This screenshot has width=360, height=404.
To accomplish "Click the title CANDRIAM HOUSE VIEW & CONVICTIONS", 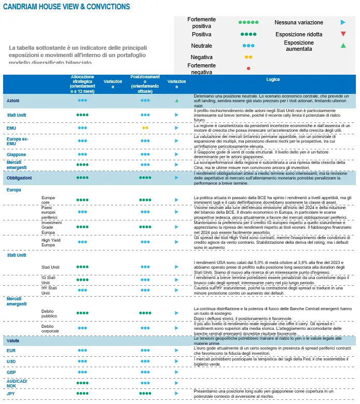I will pos(66,7).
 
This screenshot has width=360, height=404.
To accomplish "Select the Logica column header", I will pos(273,80).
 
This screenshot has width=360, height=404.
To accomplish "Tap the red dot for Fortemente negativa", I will pos(249,68).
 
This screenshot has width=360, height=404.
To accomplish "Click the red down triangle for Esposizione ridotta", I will pos(343,34).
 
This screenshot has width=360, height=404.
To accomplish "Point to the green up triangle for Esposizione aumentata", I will pos(343,46).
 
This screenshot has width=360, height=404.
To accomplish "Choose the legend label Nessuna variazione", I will pos(298,23).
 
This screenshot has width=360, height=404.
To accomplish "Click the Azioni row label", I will pos(13,100).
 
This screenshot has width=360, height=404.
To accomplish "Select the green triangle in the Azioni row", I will pos(176,100).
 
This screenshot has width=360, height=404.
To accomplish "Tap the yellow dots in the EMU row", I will pos(145,127).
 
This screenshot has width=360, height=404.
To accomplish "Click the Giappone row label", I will pos(16,154).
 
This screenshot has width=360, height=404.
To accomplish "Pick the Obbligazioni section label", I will pos(19,177).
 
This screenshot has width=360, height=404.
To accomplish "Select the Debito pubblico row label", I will pos(50,313).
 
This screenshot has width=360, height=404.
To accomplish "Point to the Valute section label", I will pos(13,340).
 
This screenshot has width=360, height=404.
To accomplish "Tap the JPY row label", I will pos(11,394).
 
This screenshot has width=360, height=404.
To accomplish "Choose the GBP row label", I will pos(11,372).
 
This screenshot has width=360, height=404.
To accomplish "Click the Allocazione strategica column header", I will pos(82,83).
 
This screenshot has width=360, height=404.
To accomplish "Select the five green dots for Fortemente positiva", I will pos(248,23).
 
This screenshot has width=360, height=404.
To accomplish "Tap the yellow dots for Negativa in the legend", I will pos(248,57).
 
